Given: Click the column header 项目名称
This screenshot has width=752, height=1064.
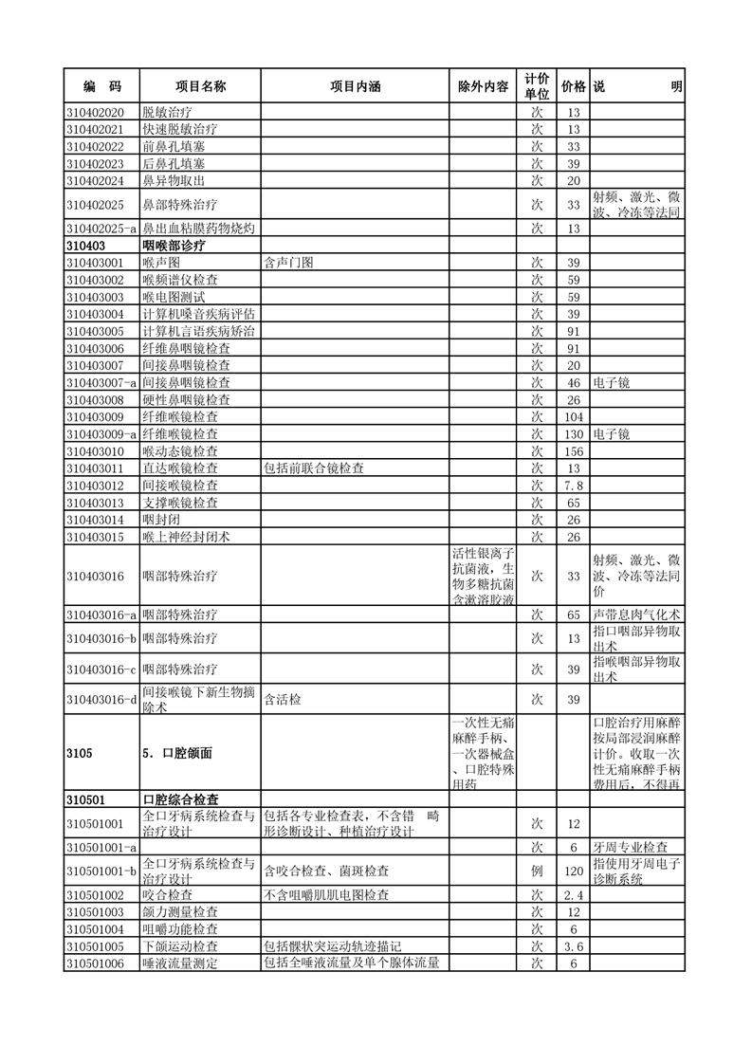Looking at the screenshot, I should [199, 86].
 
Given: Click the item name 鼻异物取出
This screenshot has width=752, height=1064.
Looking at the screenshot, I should [174, 180].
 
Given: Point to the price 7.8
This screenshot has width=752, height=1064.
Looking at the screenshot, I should [573, 486].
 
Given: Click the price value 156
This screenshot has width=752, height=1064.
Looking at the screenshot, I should [573, 451].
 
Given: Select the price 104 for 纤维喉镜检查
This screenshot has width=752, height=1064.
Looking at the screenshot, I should [573, 417].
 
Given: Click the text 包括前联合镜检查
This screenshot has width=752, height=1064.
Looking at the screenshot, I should [314, 468].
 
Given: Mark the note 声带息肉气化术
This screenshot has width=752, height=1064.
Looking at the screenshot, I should [636, 615].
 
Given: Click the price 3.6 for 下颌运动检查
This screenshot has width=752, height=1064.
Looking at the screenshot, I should [573, 946].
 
